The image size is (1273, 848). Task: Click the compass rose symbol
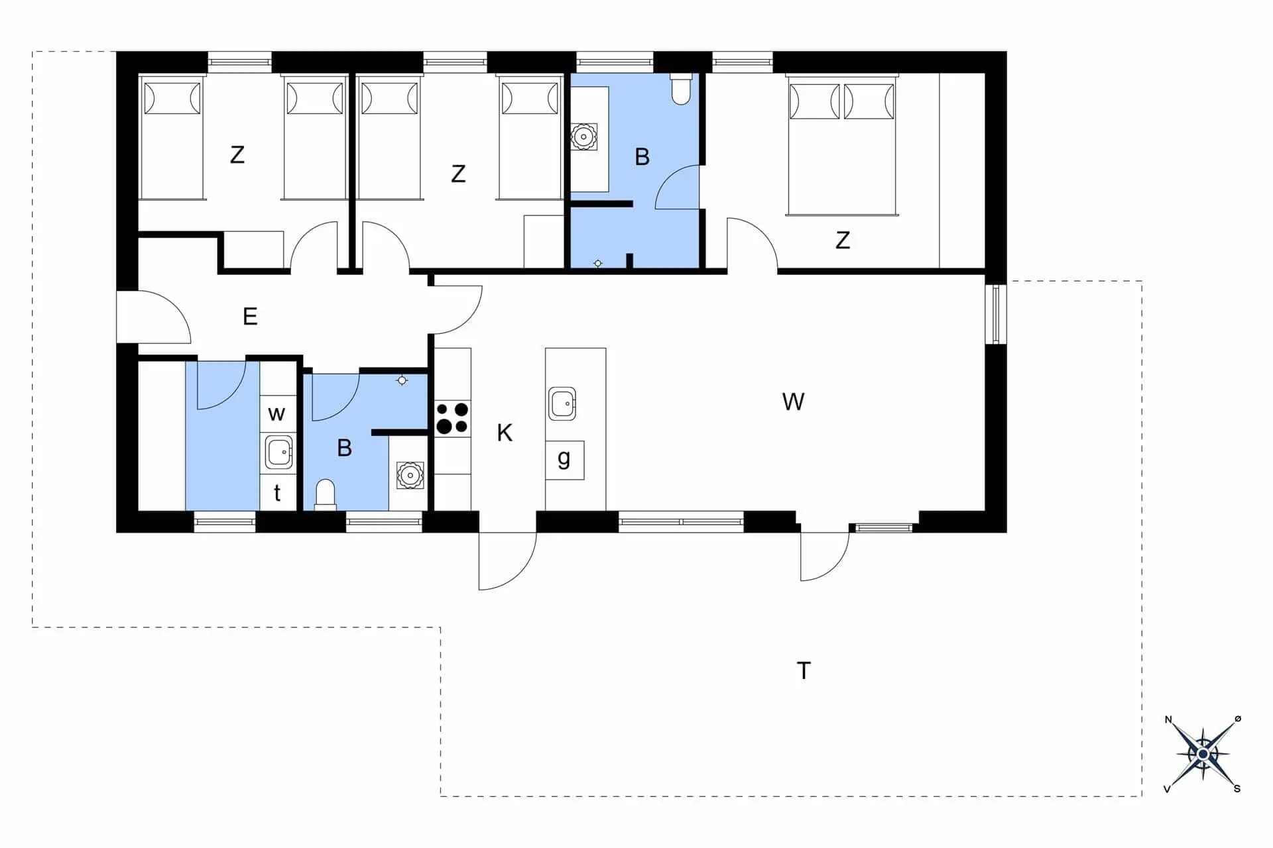click(1203, 754)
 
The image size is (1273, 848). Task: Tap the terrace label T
click(804, 670)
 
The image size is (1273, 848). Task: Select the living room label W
click(793, 401)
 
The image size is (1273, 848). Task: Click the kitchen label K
click(505, 433)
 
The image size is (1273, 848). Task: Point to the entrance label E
click(250, 317)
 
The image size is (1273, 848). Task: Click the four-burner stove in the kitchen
click(452, 419)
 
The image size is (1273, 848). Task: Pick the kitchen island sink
click(562, 403)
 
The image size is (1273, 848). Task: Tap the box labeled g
click(564, 460)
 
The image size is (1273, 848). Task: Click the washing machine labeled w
click(277, 414)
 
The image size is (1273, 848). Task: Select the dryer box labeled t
click(277, 493)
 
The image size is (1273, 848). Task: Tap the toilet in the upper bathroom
click(681, 89)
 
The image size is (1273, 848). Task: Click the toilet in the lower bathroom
click(325, 495)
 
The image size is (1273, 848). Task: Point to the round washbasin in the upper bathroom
click(583, 137)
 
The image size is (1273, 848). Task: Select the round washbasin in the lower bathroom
click(410, 475)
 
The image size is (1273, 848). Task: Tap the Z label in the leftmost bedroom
click(237, 155)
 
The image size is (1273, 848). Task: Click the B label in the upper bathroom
click(642, 157)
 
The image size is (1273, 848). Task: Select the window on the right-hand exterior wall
click(995, 314)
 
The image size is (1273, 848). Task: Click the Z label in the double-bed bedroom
click(843, 240)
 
